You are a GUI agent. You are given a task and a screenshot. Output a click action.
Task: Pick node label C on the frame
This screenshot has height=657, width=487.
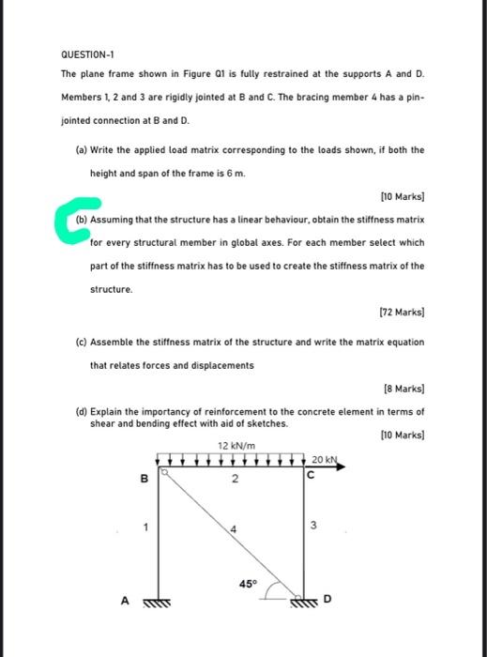point(310,476)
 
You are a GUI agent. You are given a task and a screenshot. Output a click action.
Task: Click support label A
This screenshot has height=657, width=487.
point(123,604)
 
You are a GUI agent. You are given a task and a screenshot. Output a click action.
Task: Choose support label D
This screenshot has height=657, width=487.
point(327,598)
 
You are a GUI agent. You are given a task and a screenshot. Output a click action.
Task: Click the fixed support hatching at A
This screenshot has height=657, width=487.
point(158,604)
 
